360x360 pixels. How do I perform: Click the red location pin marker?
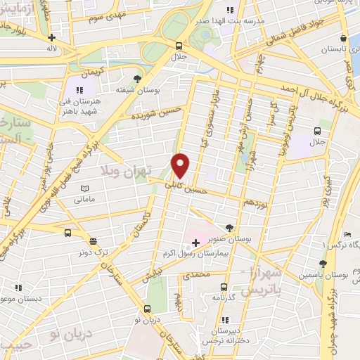tap(181, 165)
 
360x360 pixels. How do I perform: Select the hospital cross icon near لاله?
tap(51, 37)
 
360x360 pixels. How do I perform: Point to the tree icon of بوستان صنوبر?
tap(231, 226)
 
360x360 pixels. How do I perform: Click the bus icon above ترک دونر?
tap(67, 233)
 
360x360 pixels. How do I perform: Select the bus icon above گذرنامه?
tap(224, 287)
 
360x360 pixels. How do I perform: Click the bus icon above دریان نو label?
tap(147, 309)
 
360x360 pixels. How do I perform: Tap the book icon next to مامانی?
tap(85, 189)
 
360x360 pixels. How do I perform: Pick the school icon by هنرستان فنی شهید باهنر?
tap(79, 90)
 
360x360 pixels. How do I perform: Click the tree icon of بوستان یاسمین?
tap(323, 264)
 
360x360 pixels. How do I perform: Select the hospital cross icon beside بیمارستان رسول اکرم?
tap(195, 243)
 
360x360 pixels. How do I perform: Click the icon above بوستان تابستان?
tap(342, 38)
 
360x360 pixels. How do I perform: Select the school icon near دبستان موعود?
tap(19, 288)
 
